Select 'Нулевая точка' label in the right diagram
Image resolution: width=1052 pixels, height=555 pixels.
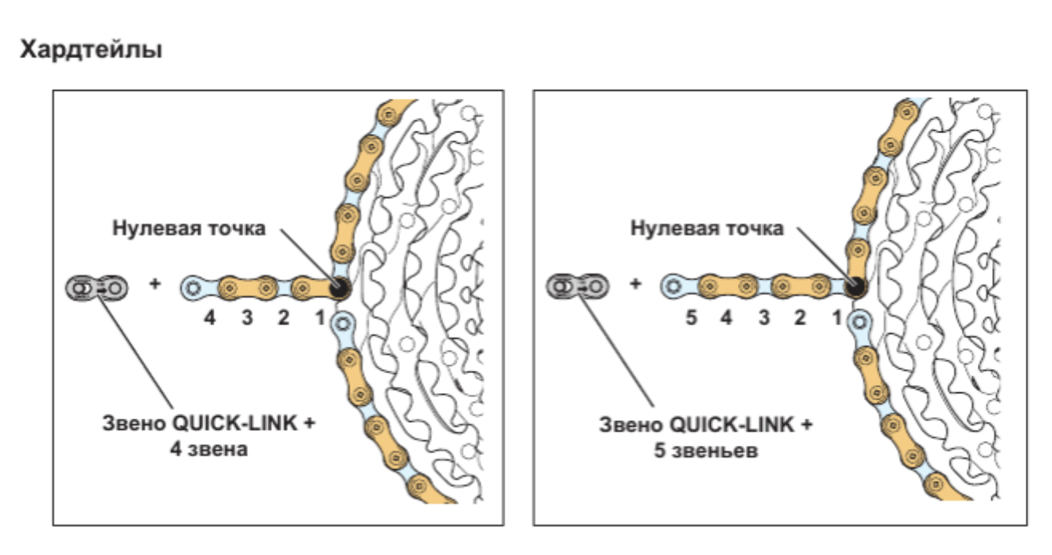706,230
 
